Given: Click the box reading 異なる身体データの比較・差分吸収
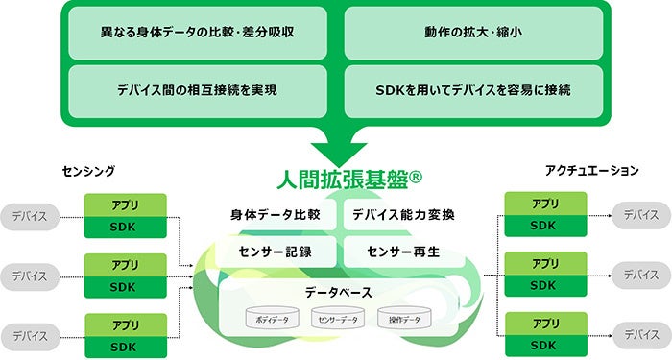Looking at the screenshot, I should tap(197, 31).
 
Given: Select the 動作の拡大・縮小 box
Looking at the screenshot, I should tap(472, 31).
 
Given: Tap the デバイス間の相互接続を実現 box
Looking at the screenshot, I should tap(197, 90).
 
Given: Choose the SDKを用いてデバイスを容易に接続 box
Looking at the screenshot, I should tap(472, 90).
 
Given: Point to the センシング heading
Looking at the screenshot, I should tap(88, 171).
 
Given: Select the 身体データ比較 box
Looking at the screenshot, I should tap(275, 214).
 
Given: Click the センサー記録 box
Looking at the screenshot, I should tap(275, 252).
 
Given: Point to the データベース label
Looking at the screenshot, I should tap(337, 292).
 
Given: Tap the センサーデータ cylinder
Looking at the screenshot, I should tap(337, 319).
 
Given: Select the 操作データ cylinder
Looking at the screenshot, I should tap(401, 319).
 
